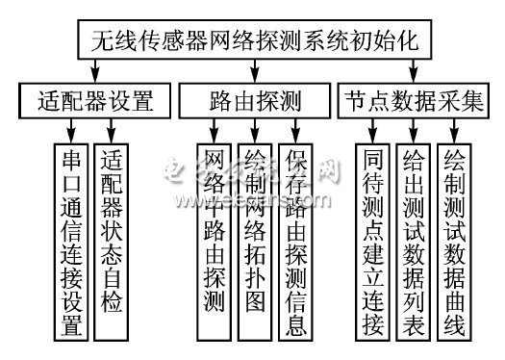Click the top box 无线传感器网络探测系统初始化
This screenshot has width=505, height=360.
[253, 40]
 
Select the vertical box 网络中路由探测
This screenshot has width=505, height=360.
[213, 241]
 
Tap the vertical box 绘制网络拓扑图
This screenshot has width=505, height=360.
[255, 241]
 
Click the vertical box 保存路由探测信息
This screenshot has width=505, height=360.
[296, 241]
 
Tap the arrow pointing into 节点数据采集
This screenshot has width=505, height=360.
[414, 75]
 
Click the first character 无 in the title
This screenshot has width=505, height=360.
[100, 40]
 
